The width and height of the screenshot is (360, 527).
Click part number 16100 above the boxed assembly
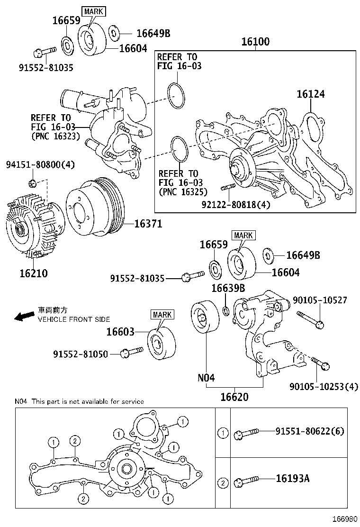click(x=255, y=42)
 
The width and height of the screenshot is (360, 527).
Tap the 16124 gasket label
click(x=311, y=94)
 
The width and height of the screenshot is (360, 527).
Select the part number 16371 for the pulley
click(x=148, y=224)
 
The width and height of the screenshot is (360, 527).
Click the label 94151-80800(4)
click(x=40, y=164)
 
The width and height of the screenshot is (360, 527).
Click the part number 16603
click(x=120, y=332)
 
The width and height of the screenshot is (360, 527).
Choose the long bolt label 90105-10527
click(x=320, y=300)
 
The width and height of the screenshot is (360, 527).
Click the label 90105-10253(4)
click(x=324, y=387)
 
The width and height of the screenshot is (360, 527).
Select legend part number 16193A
click(x=292, y=478)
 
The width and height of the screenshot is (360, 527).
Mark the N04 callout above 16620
click(x=206, y=378)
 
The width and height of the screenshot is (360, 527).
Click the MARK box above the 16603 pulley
click(x=162, y=314)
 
